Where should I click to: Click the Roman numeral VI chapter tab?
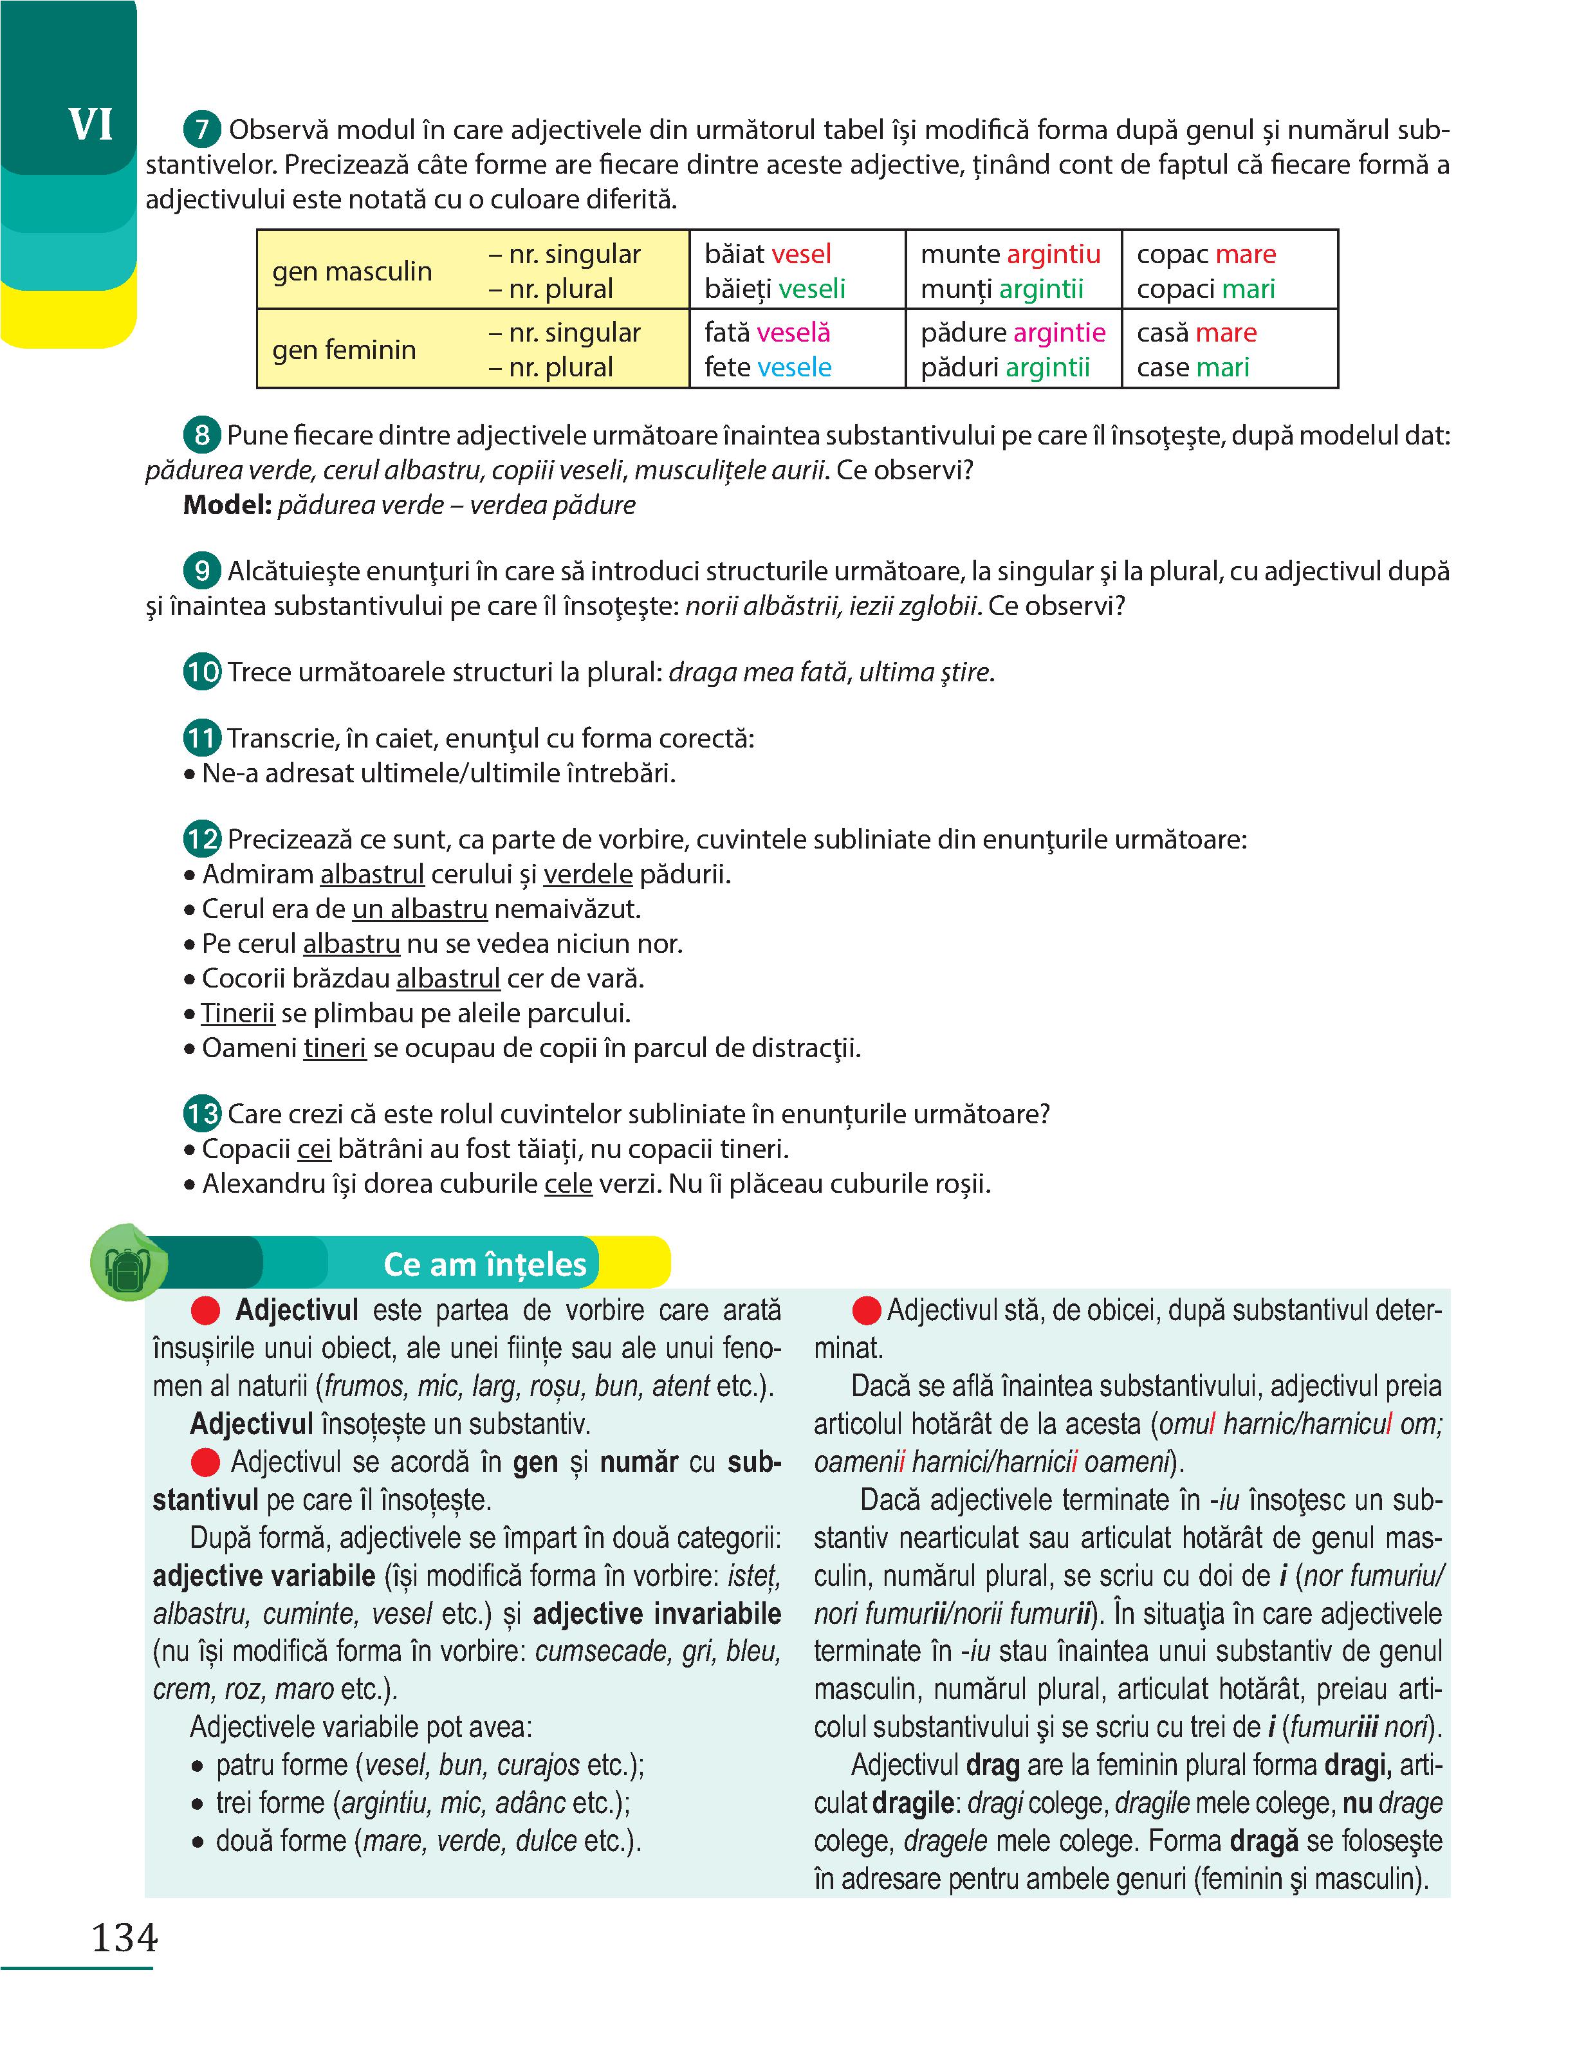(x=90, y=125)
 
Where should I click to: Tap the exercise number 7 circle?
(x=202, y=129)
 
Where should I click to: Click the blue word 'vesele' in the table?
(x=794, y=367)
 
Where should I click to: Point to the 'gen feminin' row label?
(x=344, y=349)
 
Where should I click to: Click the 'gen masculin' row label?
(x=352, y=271)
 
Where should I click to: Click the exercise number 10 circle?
(x=202, y=672)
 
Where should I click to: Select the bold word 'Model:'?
(x=227, y=505)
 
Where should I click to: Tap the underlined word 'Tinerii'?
(x=237, y=1013)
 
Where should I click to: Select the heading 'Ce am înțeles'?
(x=484, y=1264)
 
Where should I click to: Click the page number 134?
(x=124, y=1936)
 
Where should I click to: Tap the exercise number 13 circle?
(x=202, y=1114)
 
